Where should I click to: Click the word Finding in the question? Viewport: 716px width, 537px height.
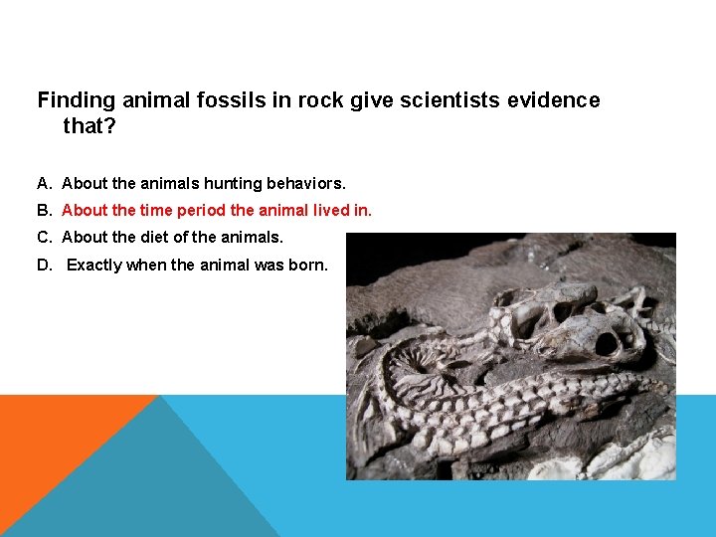tap(76, 100)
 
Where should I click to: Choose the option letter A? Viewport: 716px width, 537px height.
tap(43, 183)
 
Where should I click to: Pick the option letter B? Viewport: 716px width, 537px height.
tap(43, 210)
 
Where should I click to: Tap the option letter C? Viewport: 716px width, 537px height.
tap(43, 237)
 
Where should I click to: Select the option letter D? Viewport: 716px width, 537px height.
tap(43, 265)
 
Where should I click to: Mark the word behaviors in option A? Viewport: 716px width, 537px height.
tap(302, 183)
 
